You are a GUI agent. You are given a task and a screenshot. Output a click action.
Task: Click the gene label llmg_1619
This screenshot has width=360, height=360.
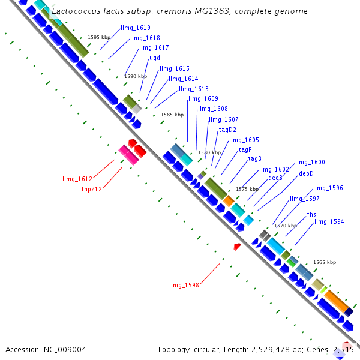(x=136, y=28)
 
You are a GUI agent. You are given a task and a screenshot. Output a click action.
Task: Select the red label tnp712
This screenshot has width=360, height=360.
(x=92, y=189)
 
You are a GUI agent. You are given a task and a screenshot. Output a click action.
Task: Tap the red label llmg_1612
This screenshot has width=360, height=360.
(x=77, y=179)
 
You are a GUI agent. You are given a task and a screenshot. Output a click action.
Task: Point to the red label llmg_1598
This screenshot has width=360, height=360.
(x=184, y=285)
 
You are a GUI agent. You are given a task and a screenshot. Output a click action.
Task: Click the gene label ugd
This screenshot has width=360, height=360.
(x=155, y=58)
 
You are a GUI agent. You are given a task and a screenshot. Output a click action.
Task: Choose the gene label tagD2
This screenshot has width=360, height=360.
(x=227, y=130)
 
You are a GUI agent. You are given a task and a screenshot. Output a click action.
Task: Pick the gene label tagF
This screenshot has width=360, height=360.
(x=245, y=149)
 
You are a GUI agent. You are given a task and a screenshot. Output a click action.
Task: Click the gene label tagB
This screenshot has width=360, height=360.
(x=255, y=159)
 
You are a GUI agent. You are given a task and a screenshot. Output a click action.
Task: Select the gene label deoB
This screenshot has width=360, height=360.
(x=275, y=178)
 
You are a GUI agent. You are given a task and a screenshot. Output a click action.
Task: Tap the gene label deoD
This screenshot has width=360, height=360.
(x=306, y=174)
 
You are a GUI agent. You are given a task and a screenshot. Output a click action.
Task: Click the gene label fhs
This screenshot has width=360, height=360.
(x=311, y=214)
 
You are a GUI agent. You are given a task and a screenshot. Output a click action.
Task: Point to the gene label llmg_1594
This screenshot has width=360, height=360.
(x=329, y=222)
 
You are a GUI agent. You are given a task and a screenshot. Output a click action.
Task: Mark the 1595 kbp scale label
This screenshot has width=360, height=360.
(x=99, y=37)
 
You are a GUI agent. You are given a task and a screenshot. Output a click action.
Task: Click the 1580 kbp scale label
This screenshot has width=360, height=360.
(x=209, y=152)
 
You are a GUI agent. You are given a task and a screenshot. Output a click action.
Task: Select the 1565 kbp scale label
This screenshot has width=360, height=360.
(x=325, y=262)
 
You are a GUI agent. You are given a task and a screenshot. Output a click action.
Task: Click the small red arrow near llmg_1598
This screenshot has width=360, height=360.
(x=238, y=246)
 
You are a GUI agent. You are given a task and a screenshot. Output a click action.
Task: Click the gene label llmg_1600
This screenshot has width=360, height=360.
(x=310, y=163)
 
